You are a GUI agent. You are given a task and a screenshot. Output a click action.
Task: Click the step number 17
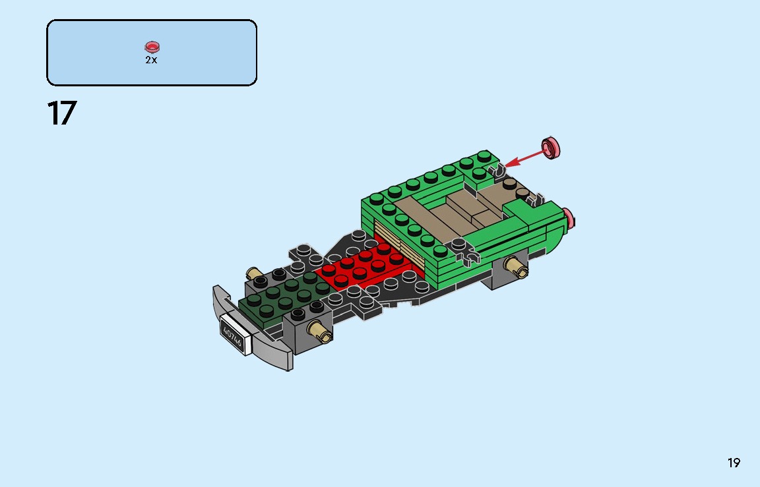61,113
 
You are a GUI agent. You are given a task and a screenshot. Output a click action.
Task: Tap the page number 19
734,463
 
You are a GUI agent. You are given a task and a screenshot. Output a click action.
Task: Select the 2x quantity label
151,60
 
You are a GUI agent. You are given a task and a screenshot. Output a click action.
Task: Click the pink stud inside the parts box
152,47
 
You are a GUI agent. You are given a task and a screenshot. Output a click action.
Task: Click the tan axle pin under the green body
515,267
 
